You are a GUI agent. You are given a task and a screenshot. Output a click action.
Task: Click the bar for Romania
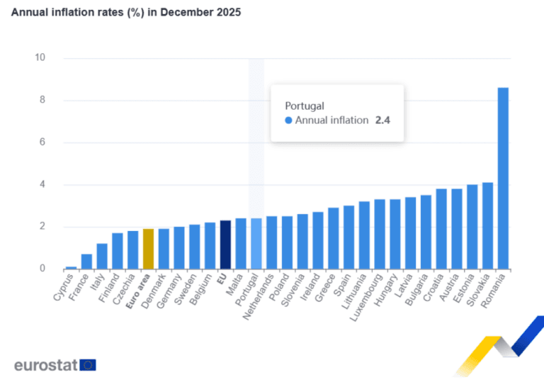(x=503, y=179)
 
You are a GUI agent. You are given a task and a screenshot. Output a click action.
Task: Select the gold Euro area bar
(x=148, y=249)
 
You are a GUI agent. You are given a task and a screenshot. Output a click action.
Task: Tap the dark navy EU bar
(x=225, y=245)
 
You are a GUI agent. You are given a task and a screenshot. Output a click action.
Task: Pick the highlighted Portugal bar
(x=256, y=244)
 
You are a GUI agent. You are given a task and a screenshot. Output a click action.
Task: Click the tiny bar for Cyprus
(x=71, y=268)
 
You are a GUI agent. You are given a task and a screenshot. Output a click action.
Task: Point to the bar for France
(x=86, y=262)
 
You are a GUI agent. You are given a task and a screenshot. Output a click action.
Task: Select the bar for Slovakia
(x=488, y=225)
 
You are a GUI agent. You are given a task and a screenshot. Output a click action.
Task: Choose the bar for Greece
(x=334, y=238)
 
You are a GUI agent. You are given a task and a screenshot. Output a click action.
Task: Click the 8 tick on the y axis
(x=42, y=100)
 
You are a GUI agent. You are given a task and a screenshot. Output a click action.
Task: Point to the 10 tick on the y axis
(x=40, y=57)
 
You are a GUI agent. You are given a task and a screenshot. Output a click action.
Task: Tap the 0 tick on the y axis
(x=42, y=269)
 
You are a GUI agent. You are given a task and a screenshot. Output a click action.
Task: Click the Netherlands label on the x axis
(x=258, y=297)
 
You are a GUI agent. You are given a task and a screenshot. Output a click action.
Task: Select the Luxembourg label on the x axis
(x=366, y=298)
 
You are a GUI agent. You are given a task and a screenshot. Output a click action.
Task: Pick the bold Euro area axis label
(x=137, y=291)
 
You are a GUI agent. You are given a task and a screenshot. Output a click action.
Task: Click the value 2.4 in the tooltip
(x=382, y=120)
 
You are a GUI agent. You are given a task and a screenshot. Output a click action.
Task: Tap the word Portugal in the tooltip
(x=305, y=106)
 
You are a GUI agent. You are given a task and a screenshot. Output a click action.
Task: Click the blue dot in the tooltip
(x=288, y=120)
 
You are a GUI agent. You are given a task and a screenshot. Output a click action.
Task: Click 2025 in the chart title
(x=228, y=12)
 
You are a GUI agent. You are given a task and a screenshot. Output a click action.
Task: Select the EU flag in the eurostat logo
(x=88, y=365)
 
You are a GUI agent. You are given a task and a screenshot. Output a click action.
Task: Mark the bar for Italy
(x=102, y=257)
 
